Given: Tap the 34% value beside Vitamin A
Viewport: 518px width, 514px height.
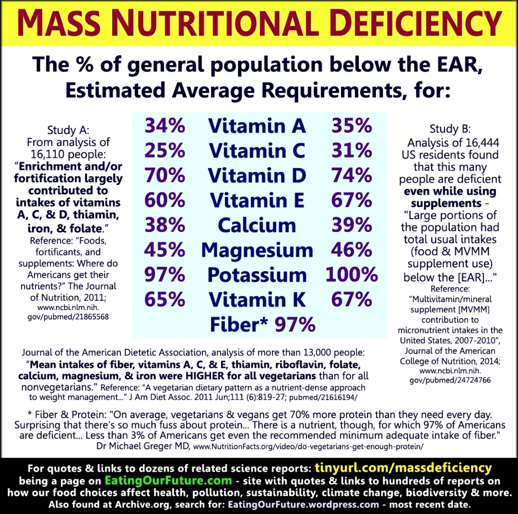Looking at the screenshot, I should tap(165, 126).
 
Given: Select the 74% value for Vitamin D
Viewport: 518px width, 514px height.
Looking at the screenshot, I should tap(352, 175).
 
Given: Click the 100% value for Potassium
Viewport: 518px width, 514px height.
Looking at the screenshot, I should tap(352, 275).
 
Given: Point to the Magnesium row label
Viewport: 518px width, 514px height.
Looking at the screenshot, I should tap(257, 250).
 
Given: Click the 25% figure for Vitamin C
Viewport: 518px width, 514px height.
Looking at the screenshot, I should tap(165, 151).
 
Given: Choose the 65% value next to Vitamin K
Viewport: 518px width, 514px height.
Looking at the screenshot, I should tap(165, 300).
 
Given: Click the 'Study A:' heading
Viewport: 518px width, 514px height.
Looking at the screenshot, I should tap(68, 130).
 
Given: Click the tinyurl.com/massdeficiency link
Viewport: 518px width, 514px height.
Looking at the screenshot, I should tap(403, 468).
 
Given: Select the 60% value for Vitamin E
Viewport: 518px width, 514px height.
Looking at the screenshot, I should tap(165, 200).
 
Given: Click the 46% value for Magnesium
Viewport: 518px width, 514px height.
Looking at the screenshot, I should tap(352, 250).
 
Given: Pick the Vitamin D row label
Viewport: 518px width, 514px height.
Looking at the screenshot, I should tap(257, 175).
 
